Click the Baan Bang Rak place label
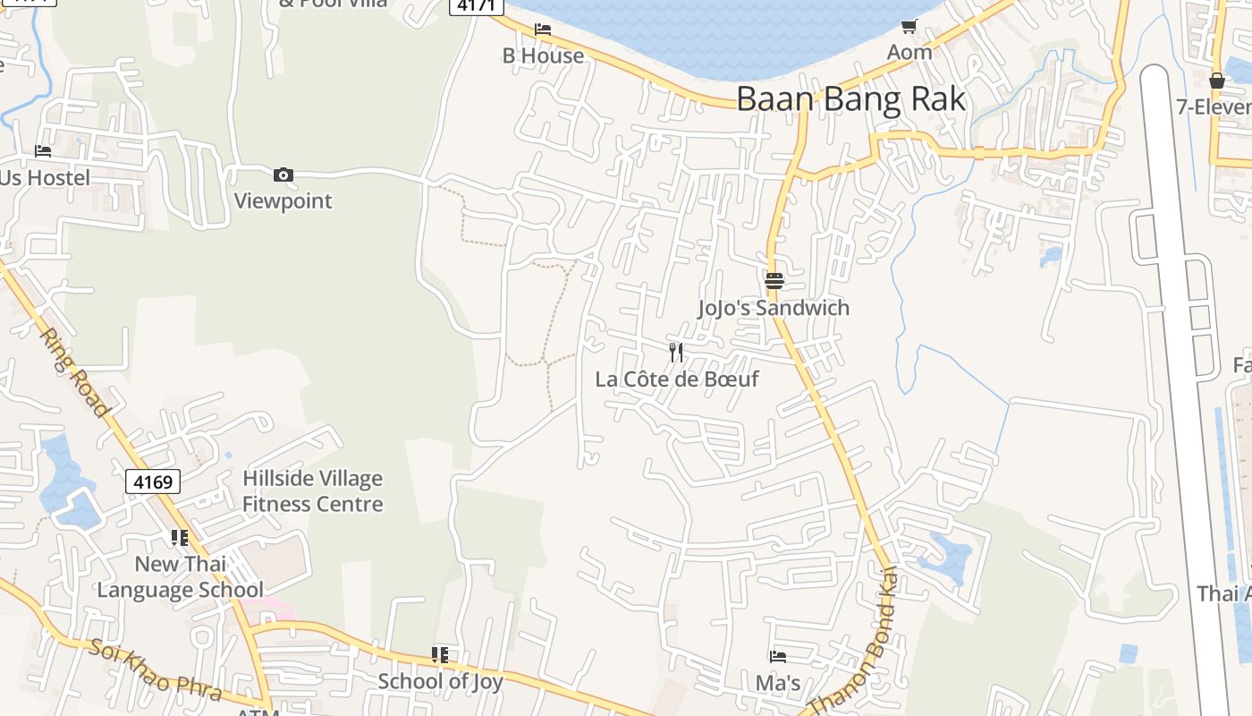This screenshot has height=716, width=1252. pos(850,98)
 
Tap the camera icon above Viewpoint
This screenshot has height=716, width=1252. pos(283,175)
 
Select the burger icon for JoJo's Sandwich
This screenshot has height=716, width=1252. pos(774,281)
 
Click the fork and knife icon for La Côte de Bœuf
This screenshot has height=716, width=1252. pos(676,352)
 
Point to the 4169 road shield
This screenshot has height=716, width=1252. pos(152,482)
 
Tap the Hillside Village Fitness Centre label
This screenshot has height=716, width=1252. pos(313,491)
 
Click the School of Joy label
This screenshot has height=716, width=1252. pos(440,681)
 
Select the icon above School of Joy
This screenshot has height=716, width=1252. pos(440,655)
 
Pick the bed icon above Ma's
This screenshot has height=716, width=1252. pos(778,657)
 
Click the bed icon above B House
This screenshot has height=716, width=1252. pos(543,30)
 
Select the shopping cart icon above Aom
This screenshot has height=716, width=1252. pos(909,27)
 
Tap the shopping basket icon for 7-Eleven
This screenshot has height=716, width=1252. pos(1216,81)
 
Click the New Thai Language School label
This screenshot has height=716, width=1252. pos(181,577)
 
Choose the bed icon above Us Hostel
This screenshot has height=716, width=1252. pos(43,151)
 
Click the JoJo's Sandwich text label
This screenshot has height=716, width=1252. pos(774,308)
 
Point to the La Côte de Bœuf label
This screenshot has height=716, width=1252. pos(676,379)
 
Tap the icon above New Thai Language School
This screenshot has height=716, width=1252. pos(180,538)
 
